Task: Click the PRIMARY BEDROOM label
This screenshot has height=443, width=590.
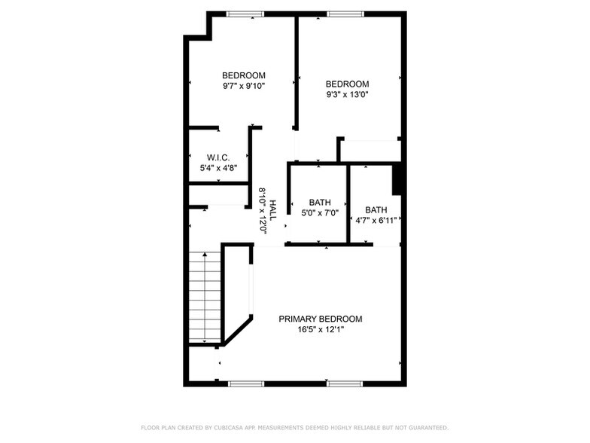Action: click(320, 319)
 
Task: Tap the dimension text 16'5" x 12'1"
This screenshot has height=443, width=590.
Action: click(320, 329)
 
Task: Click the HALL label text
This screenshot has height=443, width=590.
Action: click(273, 211)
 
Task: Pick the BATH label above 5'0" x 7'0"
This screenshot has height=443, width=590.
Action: click(320, 203)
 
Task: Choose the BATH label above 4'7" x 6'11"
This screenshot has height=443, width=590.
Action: click(376, 210)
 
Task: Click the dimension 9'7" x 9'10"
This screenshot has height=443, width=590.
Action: click(244, 86)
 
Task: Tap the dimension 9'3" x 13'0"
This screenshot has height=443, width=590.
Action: click(347, 94)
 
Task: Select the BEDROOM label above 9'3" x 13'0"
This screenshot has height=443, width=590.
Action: click(347, 84)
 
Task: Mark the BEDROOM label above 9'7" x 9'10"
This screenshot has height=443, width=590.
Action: click(244, 75)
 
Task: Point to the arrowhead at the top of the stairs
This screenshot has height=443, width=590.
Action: click(205, 255)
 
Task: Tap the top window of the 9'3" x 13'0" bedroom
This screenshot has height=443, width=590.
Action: click(345, 14)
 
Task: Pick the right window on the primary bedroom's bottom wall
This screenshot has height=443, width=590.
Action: click(345, 383)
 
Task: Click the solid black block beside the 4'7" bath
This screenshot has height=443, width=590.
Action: click(399, 179)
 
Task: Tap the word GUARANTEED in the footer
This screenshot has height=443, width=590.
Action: click(427, 427)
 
